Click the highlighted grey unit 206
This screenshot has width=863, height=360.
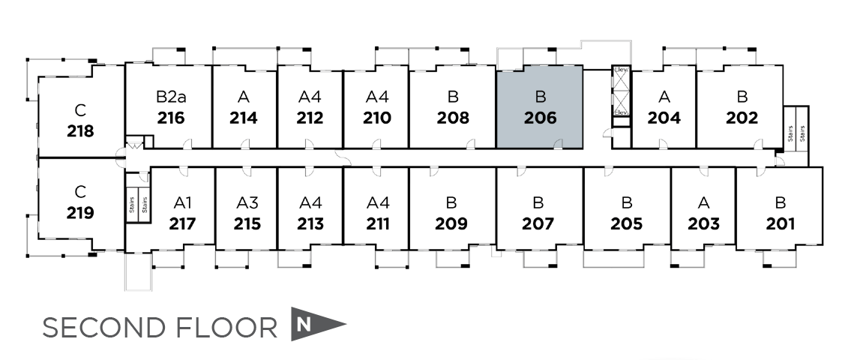(539, 107)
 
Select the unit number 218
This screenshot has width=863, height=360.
(80, 131)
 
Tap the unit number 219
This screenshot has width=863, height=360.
(80, 212)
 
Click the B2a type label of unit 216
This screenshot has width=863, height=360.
(171, 97)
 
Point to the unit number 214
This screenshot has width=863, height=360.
(244, 118)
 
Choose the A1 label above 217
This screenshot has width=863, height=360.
(183, 202)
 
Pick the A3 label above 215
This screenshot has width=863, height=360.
(247, 202)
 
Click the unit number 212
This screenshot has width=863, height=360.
(310, 118)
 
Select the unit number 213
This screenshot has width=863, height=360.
(310, 223)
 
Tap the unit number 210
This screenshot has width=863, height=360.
(377, 118)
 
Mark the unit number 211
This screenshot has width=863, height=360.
(377, 223)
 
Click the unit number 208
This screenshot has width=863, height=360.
(453, 118)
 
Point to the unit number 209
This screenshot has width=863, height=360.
(451, 223)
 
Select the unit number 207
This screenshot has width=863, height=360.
(538, 223)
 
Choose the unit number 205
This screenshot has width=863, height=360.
(627, 223)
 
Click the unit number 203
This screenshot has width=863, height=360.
(703, 223)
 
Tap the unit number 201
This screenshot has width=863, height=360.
(781, 223)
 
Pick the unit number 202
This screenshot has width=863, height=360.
(742, 118)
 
